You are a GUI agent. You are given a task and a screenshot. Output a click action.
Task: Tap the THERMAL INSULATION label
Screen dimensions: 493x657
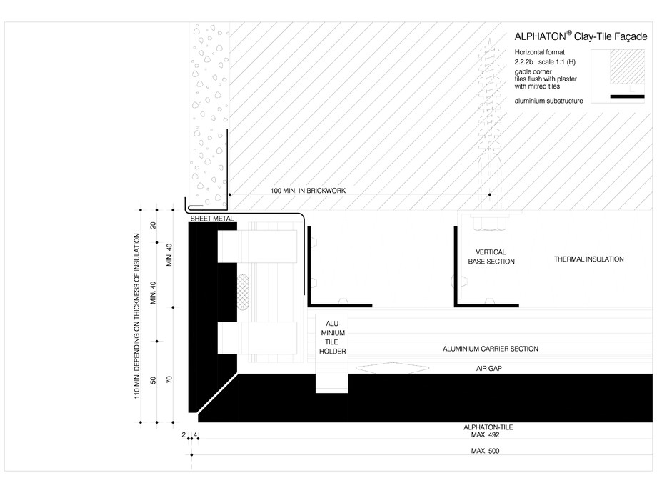(588, 259)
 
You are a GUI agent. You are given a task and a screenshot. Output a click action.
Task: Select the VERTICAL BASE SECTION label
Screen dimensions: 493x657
(491, 257)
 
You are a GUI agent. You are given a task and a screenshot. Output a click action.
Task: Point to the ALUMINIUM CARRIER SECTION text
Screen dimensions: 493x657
(490, 349)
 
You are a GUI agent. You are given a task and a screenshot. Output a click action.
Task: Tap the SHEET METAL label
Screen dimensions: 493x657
(212, 218)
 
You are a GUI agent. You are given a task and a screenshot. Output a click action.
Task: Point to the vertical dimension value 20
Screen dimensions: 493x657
(152, 225)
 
